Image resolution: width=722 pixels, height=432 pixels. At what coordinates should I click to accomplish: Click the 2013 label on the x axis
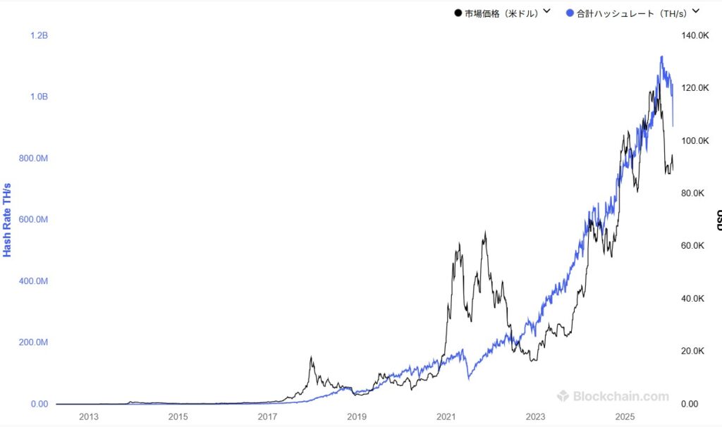click(89, 417)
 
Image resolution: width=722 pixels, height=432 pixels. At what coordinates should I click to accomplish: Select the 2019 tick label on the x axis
click(357, 417)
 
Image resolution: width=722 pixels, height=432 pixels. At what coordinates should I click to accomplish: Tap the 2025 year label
click(625, 417)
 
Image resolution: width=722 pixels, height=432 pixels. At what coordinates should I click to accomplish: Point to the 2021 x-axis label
click(446, 417)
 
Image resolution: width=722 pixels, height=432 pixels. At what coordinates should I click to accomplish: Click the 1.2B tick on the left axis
click(39, 35)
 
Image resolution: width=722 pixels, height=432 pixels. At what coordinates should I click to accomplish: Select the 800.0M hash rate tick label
click(33, 159)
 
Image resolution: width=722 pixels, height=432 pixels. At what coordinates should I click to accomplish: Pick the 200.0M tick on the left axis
click(33, 342)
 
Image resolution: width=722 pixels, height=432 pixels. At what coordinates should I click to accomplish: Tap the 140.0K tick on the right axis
click(694, 35)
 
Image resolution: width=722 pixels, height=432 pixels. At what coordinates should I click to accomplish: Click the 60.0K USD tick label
click(692, 246)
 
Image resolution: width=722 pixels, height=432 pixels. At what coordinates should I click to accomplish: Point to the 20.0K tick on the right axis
click(692, 351)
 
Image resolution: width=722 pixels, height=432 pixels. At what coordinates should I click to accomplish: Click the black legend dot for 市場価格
click(458, 13)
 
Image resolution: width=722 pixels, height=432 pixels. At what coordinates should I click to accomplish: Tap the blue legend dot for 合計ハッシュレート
click(570, 13)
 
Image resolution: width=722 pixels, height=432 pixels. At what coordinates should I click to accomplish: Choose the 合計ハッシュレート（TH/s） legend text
click(632, 13)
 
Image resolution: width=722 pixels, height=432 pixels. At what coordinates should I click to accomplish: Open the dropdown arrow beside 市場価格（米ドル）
click(546, 11)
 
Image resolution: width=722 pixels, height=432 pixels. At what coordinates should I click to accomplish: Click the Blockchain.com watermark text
click(620, 396)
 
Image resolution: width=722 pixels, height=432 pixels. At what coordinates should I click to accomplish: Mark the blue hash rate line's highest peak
click(661, 56)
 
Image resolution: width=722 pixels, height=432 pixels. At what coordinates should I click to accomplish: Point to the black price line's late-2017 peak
click(312, 357)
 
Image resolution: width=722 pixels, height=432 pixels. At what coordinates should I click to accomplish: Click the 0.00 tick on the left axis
click(38, 404)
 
